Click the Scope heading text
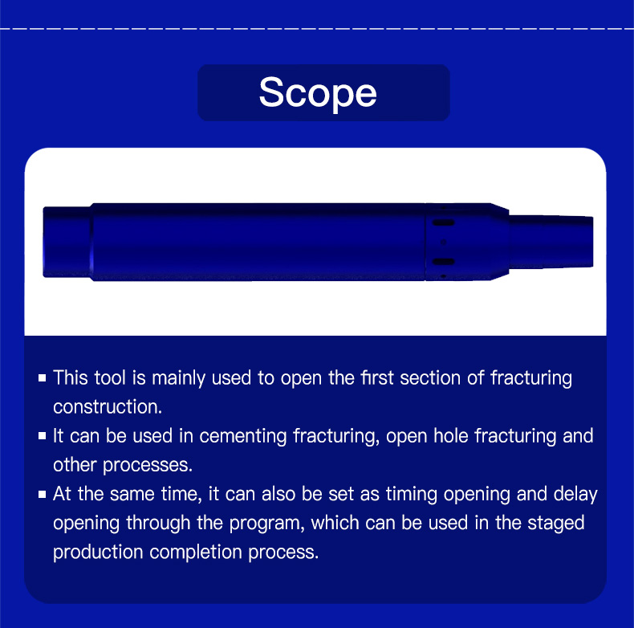(318, 92)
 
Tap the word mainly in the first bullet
(178, 378)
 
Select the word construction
(108, 406)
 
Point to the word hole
(451, 436)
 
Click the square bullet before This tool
(42, 378)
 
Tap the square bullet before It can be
(42, 436)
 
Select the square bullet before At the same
(42, 494)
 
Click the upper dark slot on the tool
(444, 222)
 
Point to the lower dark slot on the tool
(444, 262)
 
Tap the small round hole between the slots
(444, 242)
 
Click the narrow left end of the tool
(67, 242)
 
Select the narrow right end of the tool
(551, 242)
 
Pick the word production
(98, 553)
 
